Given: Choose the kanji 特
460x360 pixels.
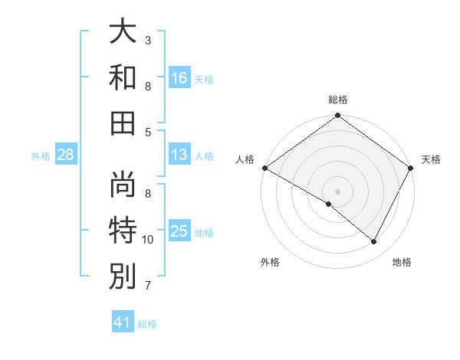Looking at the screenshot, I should tap(123, 230).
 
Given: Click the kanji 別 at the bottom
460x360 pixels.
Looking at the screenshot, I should tap(123, 276).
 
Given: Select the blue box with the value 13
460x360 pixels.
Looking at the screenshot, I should tap(179, 155).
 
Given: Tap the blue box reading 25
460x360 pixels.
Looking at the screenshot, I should tap(179, 231).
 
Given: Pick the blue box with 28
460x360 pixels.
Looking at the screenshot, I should tap(66, 155).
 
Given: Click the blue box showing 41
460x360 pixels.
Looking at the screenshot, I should tap(123, 322).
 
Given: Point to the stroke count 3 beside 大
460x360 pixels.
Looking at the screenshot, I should tap(148, 39).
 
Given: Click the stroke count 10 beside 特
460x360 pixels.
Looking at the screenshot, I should tap(148, 240).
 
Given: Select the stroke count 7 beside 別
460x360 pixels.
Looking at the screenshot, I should tap(148, 286).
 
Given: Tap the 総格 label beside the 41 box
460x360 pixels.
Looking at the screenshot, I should tap(147, 324).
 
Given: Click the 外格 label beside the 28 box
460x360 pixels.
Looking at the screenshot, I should tap(41, 156).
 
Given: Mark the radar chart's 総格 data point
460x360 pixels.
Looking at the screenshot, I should tap(337, 116).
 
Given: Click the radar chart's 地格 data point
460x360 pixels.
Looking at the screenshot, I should tap(374, 242).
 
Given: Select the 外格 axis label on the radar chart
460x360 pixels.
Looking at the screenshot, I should tap(270, 262).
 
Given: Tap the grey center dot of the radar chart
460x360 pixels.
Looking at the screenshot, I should tap(337, 191).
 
